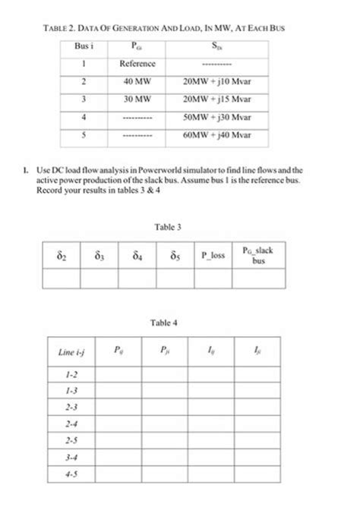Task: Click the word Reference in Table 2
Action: click(x=137, y=64)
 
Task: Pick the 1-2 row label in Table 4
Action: click(x=71, y=374)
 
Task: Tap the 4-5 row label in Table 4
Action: click(x=71, y=474)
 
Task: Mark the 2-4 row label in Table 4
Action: click(x=71, y=424)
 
